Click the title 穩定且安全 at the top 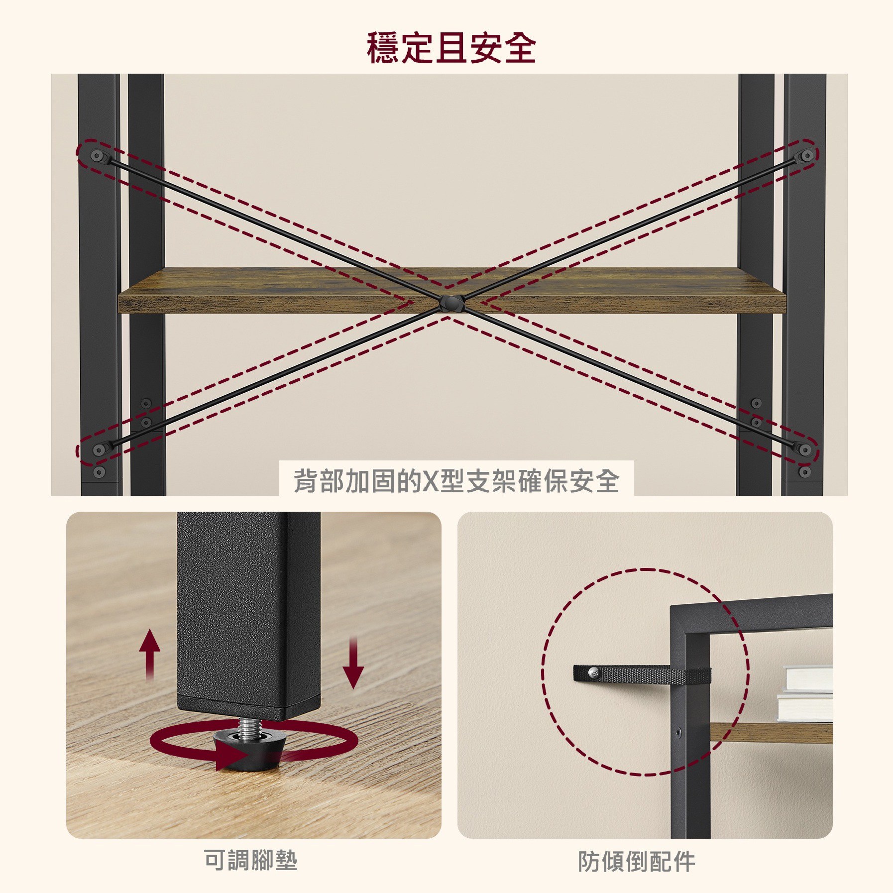click(451, 48)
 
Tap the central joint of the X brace click(451, 303)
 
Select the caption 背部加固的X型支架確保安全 click(456, 481)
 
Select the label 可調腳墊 click(250, 860)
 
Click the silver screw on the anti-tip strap click(594, 673)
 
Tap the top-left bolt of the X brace click(97, 156)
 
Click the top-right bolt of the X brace click(806, 156)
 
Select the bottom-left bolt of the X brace click(99, 450)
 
